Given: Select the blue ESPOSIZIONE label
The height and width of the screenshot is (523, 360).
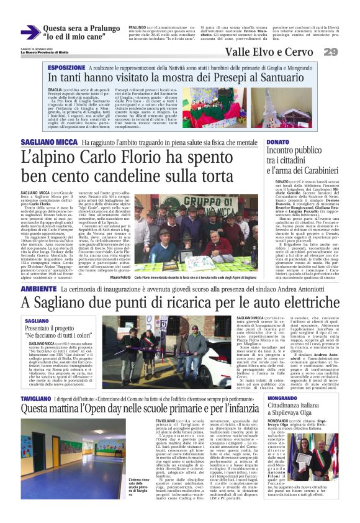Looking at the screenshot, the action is coord(66,66).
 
